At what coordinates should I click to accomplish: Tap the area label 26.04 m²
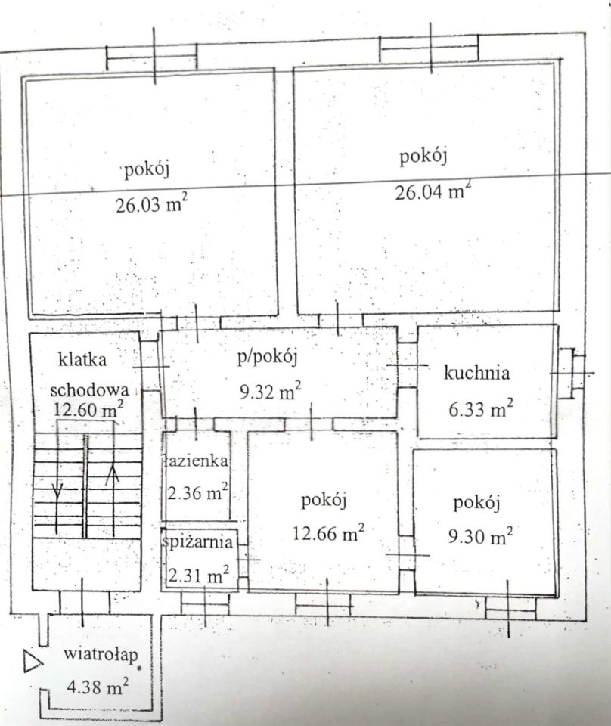click(x=432, y=191)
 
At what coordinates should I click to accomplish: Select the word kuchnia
click(x=477, y=372)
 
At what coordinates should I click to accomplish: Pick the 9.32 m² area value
click(x=268, y=391)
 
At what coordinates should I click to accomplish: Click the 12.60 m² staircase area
click(x=89, y=409)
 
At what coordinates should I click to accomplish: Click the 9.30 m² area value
click(x=479, y=536)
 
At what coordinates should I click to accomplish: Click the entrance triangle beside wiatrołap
click(x=32, y=662)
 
